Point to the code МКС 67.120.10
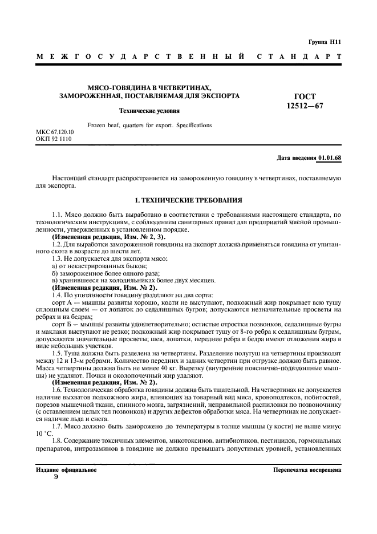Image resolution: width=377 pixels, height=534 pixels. point(55,132)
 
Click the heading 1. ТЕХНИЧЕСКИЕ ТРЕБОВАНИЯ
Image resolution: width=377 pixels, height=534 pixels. point(188,201)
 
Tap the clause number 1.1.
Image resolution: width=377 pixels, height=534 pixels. point(57,213)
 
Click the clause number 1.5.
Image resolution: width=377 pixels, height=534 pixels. point(57,354)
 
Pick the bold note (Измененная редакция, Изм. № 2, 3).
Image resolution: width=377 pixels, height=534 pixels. point(101,236)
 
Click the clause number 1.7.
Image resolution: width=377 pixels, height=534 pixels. point(57,426)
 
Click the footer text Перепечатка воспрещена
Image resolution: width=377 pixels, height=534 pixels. point(307,470)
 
